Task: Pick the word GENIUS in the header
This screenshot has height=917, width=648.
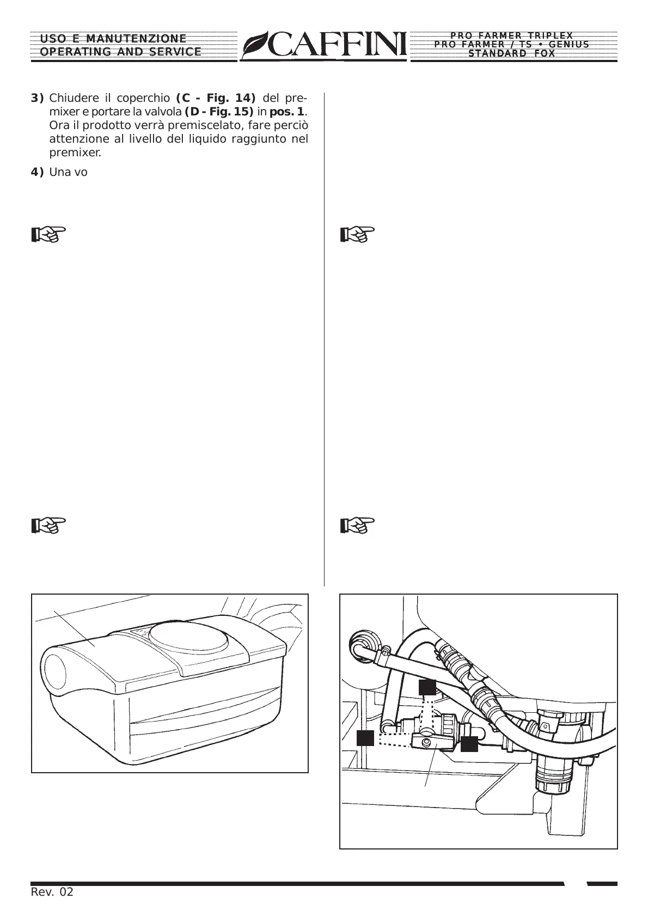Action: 569,45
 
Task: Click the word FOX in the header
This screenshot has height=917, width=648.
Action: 544,53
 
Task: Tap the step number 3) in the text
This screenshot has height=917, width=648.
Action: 37,99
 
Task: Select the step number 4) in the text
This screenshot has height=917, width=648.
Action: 37,173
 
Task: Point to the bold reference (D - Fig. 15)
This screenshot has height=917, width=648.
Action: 219,112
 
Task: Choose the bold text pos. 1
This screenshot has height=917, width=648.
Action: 287,112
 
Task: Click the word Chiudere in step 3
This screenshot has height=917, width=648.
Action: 73,99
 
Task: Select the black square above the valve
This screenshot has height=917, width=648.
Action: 427,687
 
